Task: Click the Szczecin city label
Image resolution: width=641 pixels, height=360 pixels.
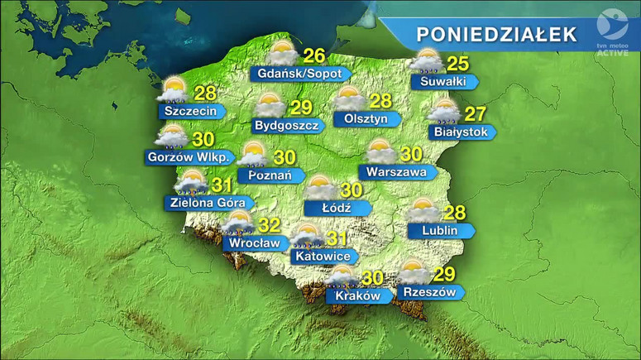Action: point(191,111)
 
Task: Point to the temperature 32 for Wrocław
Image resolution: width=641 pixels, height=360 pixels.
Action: point(269,226)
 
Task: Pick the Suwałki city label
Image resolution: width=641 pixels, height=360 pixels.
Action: point(444,82)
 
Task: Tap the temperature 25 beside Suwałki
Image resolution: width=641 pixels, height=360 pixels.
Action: point(457,63)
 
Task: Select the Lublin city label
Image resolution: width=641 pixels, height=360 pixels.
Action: point(439,230)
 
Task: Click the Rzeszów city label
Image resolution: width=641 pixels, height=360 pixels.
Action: point(428,292)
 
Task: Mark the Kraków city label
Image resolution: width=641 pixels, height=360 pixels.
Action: point(357,295)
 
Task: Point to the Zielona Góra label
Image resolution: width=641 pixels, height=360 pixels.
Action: point(207,202)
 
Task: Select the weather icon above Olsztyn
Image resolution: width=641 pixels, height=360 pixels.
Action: point(348,99)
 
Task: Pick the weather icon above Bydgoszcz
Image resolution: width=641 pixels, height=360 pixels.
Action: point(270,106)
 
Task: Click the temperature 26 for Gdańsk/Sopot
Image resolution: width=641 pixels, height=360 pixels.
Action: point(313,56)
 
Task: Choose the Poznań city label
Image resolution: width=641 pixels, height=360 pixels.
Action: point(266,175)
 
